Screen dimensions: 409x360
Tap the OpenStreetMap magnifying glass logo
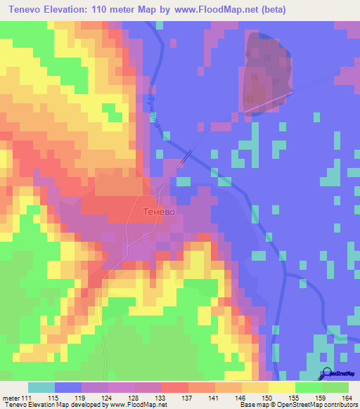(326, 374)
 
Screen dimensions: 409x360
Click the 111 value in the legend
(27, 398)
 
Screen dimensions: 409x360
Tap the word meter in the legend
(11, 398)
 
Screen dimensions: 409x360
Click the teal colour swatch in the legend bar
(41, 387)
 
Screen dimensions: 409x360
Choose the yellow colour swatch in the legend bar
(281, 387)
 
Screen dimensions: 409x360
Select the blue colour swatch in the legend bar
(68, 387)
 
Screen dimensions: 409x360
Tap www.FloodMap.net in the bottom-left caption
(134, 405)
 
